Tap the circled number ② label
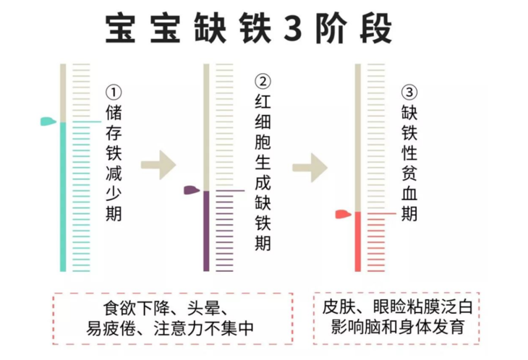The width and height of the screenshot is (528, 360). [x=263, y=81]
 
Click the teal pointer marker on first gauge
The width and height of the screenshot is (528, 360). [x=48, y=121]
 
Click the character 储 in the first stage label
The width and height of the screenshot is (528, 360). [x=114, y=113]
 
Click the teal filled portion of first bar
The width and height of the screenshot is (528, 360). [x=63, y=195]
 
